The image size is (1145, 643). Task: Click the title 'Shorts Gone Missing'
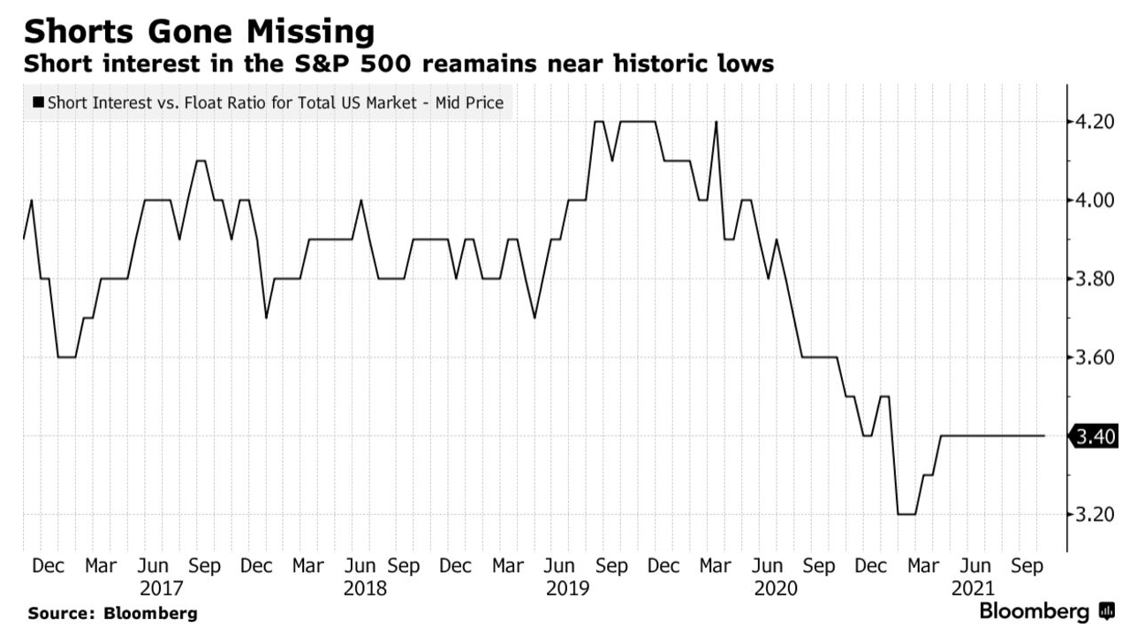(x=200, y=32)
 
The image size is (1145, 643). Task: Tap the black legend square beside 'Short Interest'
(x=38, y=103)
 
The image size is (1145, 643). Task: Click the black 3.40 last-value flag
(x=1094, y=436)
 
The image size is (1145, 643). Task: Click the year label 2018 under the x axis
(x=366, y=587)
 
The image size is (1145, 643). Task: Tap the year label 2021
(x=974, y=587)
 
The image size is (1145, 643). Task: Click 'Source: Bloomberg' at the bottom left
(x=113, y=613)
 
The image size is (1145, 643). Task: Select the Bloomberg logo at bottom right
(x=1047, y=611)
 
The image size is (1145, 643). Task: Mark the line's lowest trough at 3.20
(x=906, y=514)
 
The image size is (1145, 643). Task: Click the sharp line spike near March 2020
(x=716, y=122)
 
